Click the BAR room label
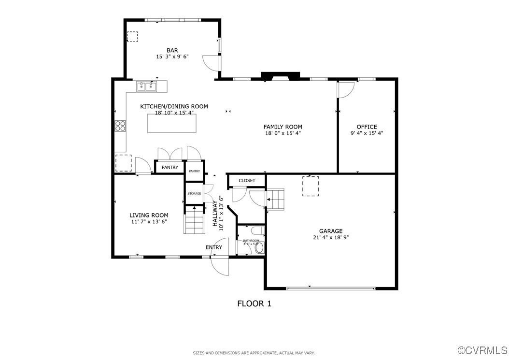(172, 50)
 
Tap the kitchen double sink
(147, 86)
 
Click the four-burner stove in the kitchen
(120, 126)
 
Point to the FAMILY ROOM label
(283, 127)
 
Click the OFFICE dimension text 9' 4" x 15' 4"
(367, 133)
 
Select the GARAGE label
(330, 231)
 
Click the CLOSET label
(247, 181)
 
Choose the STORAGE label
(194, 194)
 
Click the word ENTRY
(214, 247)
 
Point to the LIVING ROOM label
(149, 216)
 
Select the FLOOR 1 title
(254, 303)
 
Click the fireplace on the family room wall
(280, 76)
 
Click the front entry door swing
(220, 266)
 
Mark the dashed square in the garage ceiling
(311, 186)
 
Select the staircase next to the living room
(195, 220)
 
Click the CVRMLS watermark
(482, 350)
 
